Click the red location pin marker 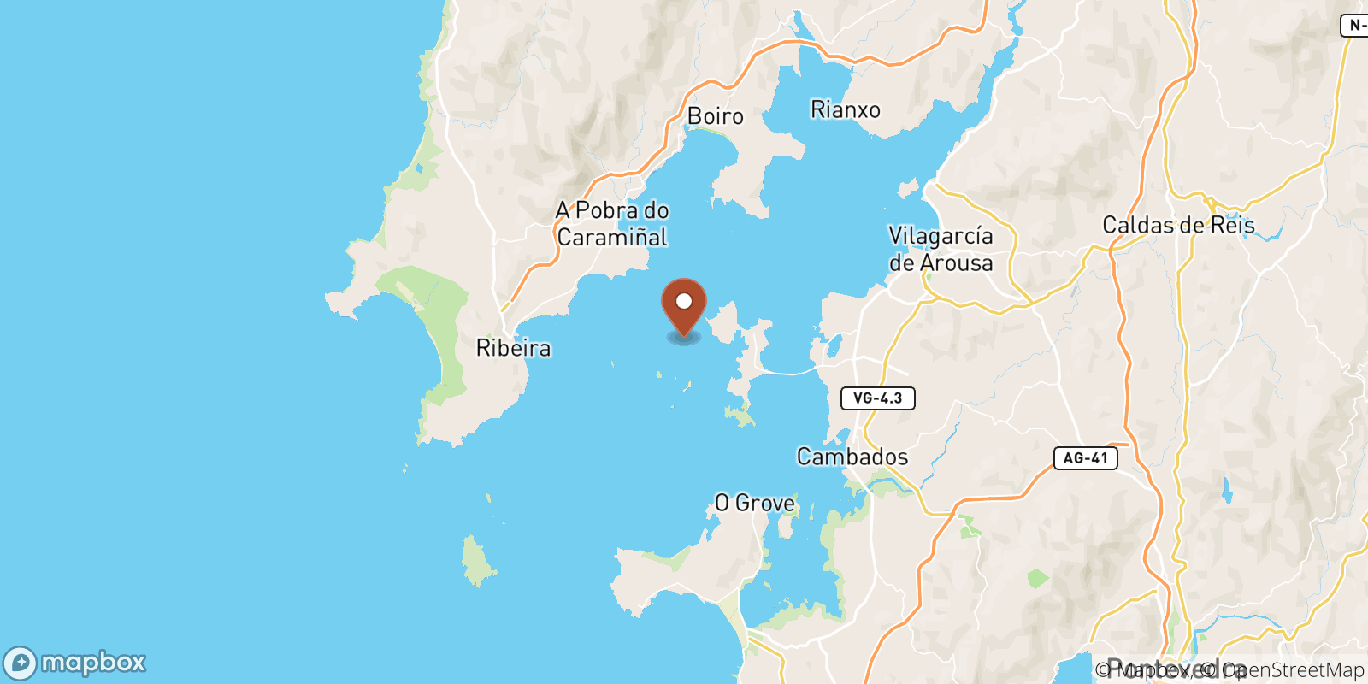coord(684,308)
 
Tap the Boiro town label coord(715,116)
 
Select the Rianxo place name coord(845,110)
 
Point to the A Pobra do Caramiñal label coord(612,224)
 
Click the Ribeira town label coord(513,348)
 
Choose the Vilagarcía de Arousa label coord(940,249)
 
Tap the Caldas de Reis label coord(1178,226)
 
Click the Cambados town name coord(852,457)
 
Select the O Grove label coord(754,503)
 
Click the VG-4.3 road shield coord(877,398)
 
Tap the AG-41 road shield coord(1085,458)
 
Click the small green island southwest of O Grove coord(477,561)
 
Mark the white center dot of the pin coord(684,301)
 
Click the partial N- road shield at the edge coord(1355,26)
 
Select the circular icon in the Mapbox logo coord(21,663)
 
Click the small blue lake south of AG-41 coord(1227,492)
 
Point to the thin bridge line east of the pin coord(791,373)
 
